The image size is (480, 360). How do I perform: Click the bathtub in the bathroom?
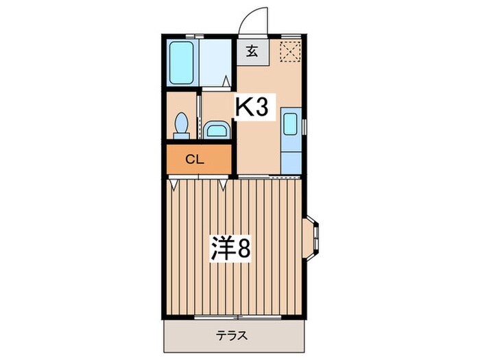click(182, 63)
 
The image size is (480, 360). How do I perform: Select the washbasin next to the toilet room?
click(217, 130)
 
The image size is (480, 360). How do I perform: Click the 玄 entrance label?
click(252, 51)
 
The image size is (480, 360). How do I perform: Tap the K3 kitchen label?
click(255, 107)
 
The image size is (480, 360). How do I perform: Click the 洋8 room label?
click(231, 248)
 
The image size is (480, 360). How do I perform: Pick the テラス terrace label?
click(231, 337)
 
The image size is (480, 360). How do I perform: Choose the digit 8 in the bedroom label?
click(243, 248)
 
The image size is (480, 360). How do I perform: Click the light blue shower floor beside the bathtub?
click(216, 63)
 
